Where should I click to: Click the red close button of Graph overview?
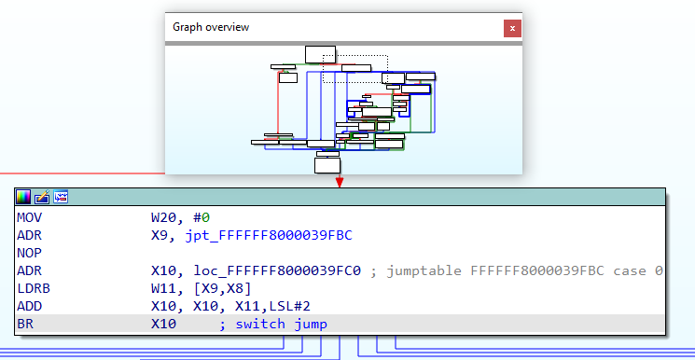coord(511,27)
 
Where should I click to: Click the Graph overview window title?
coord(211,27)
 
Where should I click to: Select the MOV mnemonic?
coord(29,216)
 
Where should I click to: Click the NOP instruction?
coord(29,252)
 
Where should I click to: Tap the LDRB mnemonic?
coord(33,288)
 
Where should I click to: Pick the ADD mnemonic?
coord(29,306)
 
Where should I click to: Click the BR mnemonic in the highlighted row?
coord(25,325)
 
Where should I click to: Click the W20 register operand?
coord(164,216)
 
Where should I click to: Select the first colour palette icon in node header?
coord(22,197)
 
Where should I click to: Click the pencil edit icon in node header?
coord(42,197)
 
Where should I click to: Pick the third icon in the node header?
coord(61,197)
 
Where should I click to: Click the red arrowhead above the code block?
coord(340,181)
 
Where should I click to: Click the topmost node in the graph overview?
coord(320,53)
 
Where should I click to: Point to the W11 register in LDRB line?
coord(164,288)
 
